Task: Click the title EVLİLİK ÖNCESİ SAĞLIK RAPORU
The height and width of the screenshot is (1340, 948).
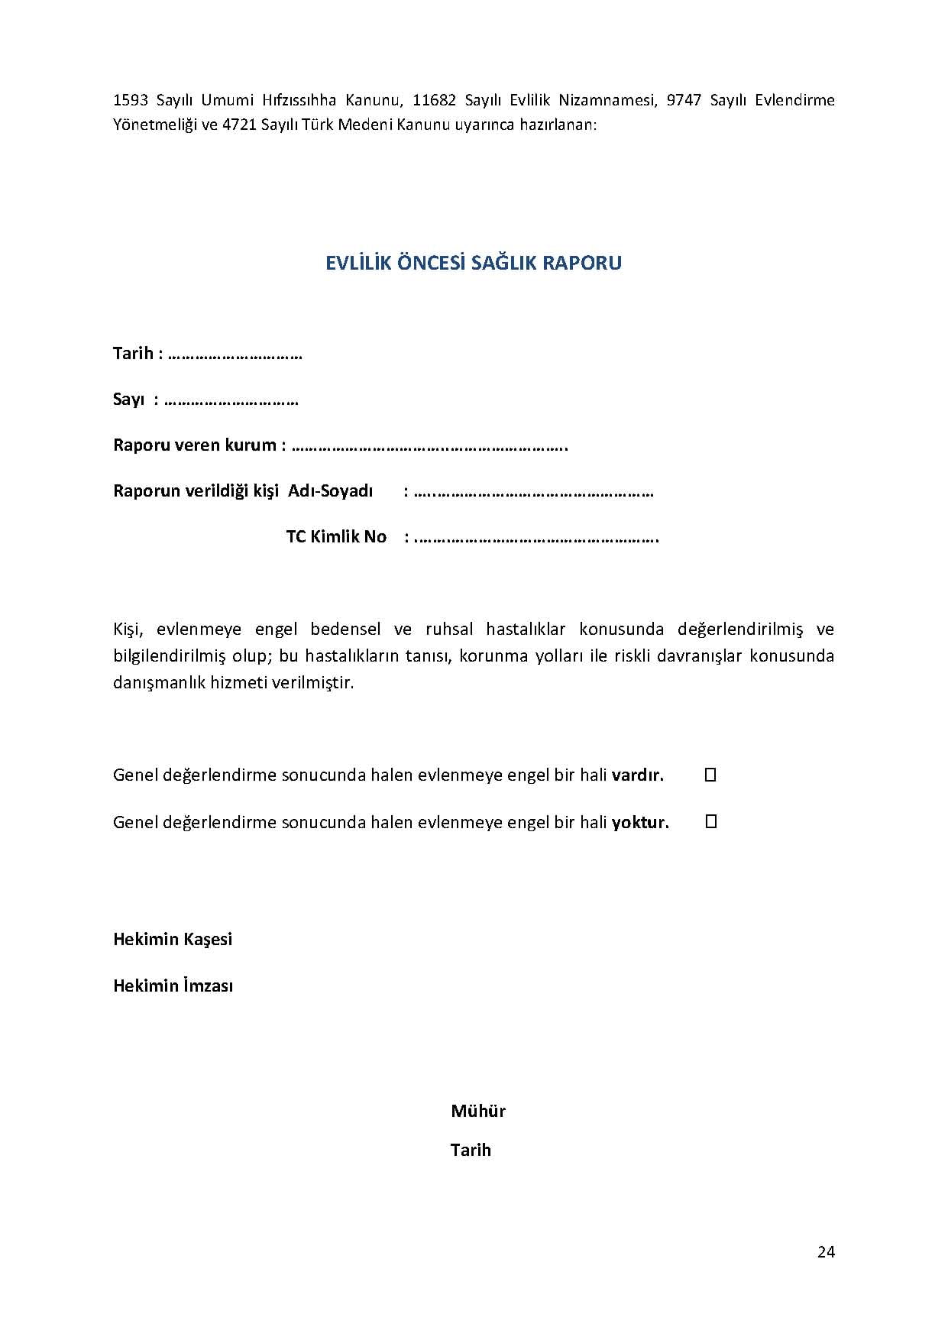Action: (x=474, y=263)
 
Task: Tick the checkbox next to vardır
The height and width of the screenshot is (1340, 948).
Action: (x=710, y=775)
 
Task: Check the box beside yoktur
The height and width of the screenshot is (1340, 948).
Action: (x=710, y=821)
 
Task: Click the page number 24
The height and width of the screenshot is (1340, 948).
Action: (x=826, y=1251)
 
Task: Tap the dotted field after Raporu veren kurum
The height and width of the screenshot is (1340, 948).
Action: (x=429, y=445)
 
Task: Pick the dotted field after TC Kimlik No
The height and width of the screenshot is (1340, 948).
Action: (x=536, y=537)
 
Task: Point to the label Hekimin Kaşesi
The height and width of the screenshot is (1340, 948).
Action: (x=173, y=939)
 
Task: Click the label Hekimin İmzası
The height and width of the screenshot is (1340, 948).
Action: (x=173, y=986)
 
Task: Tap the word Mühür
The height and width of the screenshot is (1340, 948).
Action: (x=478, y=1111)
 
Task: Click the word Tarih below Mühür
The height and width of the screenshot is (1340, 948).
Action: (x=471, y=1150)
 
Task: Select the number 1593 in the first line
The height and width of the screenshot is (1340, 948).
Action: (x=130, y=100)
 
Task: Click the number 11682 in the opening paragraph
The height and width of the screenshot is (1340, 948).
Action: (x=434, y=100)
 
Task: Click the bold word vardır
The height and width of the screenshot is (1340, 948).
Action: (x=638, y=775)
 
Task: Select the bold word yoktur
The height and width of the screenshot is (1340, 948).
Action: (x=640, y=823)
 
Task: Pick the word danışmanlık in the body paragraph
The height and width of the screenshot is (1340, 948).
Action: (x=159, y=682)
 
